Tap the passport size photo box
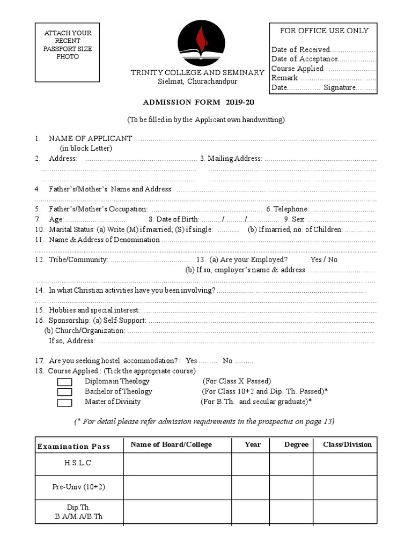[68, 52]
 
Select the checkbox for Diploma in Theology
[64, 382]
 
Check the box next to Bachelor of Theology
[64, 392]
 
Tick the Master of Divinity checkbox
[64, 402]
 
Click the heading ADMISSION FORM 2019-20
[198, 102]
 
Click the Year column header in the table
[252, 444]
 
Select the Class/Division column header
[347, 444]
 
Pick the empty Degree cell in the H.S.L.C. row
[291, 464]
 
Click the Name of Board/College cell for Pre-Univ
[178, 487]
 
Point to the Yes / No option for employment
[324, 259]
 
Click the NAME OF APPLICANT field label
[90, 138]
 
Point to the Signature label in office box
[340, 88]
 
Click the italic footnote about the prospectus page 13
[204, 421]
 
